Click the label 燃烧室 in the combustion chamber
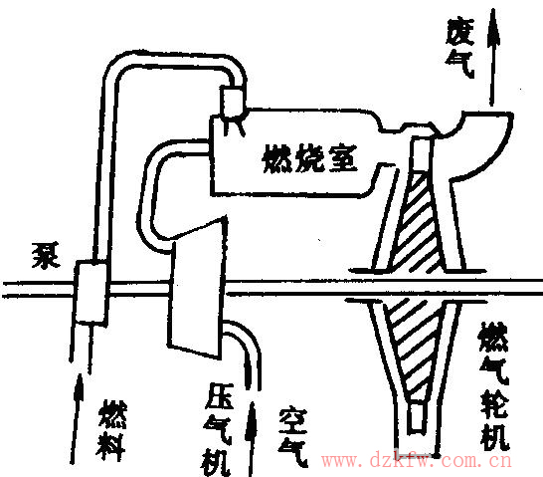(x=309, y=159)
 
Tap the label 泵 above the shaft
(x=46, y=255)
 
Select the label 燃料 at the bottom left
(x=111, y=430)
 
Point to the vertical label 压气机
(x=217, y=429)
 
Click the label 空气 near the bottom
(x=293, y=437)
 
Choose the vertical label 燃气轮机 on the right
(x=494, y=385)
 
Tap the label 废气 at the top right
(x=460, y=48)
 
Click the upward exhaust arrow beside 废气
(x=493, y=57)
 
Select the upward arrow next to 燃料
(x=77, y=418)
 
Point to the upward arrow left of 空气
(x=252, y=438)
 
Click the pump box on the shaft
(x=90, y=292)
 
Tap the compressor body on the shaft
(x=197, y=288)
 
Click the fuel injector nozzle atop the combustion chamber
(x=233, y=103)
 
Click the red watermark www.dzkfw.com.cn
(x=417, y=461)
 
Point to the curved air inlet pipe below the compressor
(x=243, y=351)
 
